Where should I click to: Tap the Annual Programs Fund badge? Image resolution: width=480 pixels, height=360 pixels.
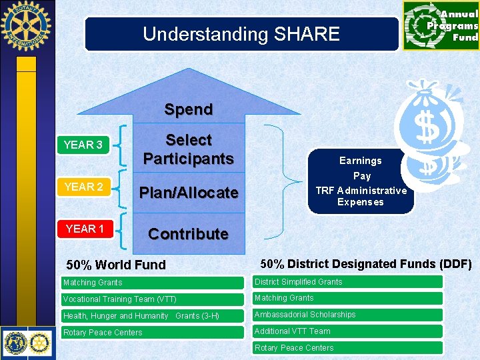(x=441, y=26)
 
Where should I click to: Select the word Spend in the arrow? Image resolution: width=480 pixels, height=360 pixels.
(x=189, y=109)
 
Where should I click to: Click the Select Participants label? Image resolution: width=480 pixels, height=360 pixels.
(x=189, y=149)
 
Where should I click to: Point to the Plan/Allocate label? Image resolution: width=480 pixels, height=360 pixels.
(x=189, y=193)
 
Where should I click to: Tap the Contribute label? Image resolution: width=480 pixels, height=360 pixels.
(x=188, y=234)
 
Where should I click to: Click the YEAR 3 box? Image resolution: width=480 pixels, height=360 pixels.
(x=83, y=145)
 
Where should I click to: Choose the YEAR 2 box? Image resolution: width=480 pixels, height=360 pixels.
(x=83, y=187)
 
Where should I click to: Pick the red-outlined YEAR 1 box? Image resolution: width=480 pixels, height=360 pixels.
(x=84, y=229)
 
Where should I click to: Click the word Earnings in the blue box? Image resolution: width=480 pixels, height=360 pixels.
(x=361, y=161)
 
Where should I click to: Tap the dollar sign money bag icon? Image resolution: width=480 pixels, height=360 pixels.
(x=427, y=130)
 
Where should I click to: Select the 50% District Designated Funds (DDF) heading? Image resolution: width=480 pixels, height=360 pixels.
(x=365, y=264)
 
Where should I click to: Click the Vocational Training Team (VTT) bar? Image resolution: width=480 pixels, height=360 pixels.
(x=153, y=299)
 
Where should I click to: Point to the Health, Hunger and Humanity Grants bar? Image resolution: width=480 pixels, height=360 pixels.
(x=153, y=316)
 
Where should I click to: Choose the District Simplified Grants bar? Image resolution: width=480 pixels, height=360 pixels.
(x=347, y=282)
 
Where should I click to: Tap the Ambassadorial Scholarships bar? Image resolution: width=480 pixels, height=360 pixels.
(x=347, y=315)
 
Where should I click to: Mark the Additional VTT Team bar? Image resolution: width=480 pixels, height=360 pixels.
(x=347, y=331)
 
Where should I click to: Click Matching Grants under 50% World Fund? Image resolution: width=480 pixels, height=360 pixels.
(x=153, y=283)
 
